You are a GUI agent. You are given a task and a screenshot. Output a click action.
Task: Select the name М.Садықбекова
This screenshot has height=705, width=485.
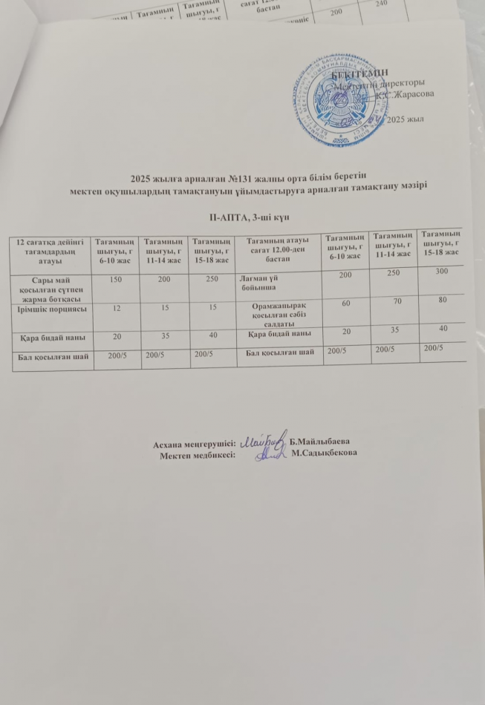pos(325,453)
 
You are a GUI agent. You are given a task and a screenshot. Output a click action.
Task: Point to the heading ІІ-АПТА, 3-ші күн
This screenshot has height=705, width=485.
pos(244,216)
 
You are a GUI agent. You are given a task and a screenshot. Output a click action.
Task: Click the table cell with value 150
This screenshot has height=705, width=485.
pos(115,281)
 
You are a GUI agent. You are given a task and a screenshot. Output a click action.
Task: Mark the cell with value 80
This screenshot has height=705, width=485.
pos(443,300)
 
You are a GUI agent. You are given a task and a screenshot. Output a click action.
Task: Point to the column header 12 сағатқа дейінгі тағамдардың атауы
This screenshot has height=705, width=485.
pos(50,252)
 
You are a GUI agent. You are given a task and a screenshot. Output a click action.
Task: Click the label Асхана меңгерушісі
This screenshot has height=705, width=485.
pos(195,444)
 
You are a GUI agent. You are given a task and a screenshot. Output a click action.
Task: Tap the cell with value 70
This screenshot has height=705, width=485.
pos(394,302)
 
